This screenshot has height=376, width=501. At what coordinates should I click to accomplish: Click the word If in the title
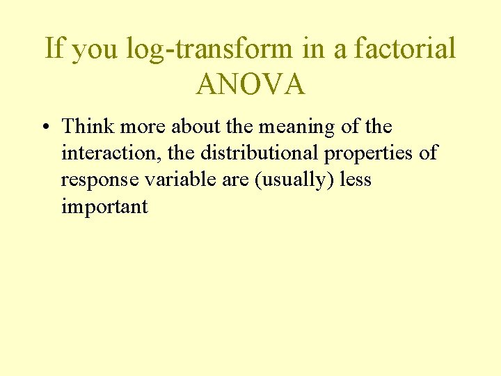click(54, 49)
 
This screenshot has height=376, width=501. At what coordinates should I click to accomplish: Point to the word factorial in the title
click(405, 49)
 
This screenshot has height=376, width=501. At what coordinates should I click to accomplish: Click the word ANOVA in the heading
click(250, 84)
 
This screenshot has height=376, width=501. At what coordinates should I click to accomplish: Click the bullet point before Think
click(45, 128)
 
